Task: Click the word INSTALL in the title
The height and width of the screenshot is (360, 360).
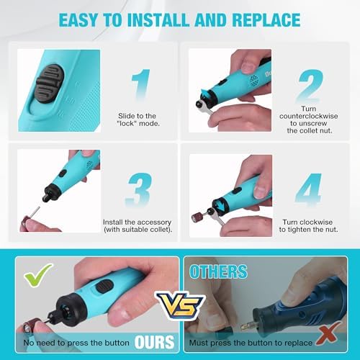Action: pyautogui.click(x=158, y=19)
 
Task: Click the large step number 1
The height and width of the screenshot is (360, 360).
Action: pyautogui.click(x=142, y=84)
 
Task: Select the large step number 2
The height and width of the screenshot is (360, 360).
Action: pyautogui.click(x=310, y=85)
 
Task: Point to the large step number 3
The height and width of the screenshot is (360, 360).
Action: pyautogui.click(x=139, y=189)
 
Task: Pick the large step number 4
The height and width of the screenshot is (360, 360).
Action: pyautogui.click(x=308, y=189)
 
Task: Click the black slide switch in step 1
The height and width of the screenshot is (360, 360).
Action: pyautogui.click(x=50, y=84)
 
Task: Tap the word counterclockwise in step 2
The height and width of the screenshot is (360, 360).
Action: pyautogui.click(x=308, y=116)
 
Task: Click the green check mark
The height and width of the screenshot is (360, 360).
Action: pyautogui.click(x=37, y=275)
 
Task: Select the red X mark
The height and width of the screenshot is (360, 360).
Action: pyautogui.click(x=328, y=333)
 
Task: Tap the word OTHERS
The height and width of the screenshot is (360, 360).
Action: pyautogui.click(x=218, y=271)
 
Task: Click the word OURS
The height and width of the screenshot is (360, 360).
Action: pyautogui.click(x=154, y=342)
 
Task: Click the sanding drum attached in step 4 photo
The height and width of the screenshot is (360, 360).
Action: pyautogui.click(x=198, y=217)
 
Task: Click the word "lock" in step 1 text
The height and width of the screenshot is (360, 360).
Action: pyautogui.click(x=127, y=124)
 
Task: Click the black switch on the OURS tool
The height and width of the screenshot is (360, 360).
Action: pyautogui.click(x=104, y=286)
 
